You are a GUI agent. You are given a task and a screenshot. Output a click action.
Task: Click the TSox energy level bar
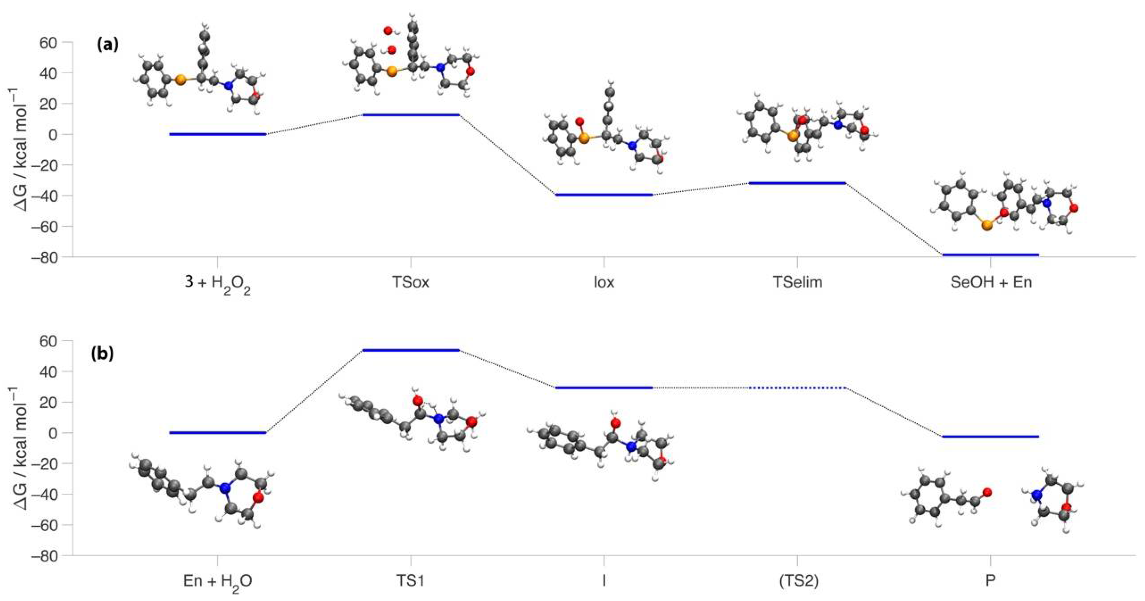coord(411,115)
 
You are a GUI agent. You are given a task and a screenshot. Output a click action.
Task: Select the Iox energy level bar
coord(604,194)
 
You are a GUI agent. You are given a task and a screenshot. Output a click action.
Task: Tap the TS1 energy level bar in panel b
coord(411,350)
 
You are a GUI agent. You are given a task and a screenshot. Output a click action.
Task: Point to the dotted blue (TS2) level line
coord(797,388)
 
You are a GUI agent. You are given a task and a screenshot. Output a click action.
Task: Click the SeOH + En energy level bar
coord(990,254)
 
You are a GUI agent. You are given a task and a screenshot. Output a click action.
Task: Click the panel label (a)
coord(108,45)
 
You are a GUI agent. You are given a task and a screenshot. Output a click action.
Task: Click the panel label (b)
coord(102,353)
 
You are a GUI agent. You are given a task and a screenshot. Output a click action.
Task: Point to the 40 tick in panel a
coord(49,73)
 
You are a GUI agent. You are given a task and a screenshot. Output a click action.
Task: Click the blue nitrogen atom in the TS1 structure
coord(439,419)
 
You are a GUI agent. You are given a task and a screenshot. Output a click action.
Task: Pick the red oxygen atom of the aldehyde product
coord(987,492)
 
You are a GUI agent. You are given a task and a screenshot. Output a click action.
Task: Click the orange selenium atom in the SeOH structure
coord(987,226)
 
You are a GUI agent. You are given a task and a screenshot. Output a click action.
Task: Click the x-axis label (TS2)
coord(798,581)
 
